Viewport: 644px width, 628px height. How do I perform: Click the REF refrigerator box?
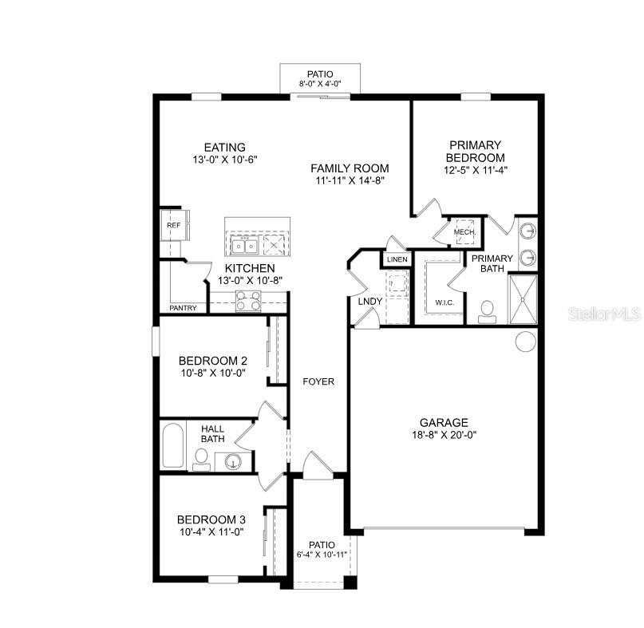(172, 226)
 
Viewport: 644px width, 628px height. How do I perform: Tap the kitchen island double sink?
(243, 243)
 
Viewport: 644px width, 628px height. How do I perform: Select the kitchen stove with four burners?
(248, 301)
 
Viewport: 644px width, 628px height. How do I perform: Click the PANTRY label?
(183, 308)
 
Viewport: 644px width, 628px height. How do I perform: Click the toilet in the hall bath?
(202, 458)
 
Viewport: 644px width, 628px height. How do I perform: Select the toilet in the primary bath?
(487, 311)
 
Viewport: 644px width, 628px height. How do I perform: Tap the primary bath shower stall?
(523, 298)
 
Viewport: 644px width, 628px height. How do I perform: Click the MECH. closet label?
(465, 232)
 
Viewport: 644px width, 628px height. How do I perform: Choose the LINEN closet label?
(397, 259)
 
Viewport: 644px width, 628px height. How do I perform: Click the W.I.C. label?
(444, 302)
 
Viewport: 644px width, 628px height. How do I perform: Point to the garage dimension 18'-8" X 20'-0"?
(444, 435)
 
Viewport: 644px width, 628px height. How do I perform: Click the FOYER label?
(318, 381)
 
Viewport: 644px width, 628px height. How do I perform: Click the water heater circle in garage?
(525, 342)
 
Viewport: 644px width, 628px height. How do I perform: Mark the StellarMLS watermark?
(604, 314)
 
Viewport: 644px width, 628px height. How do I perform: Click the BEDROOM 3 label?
(210, 519)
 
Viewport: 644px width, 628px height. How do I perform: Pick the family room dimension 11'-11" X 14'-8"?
(350, 180)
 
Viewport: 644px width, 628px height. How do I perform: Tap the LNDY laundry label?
(369, 302)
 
